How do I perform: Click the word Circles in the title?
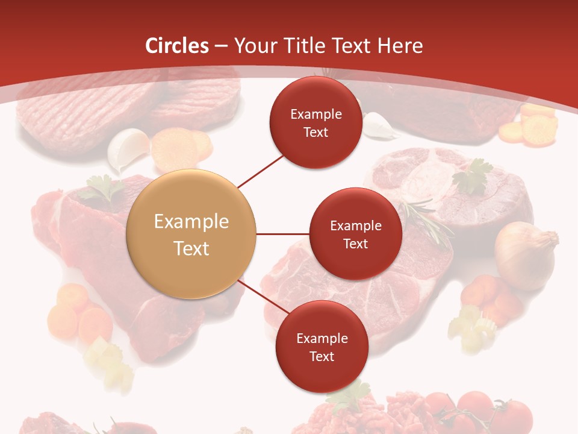pyautogui.click(x=178, y=46)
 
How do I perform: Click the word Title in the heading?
pyautogui.click(x=304, y=46)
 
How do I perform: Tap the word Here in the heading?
pyautogui.click(x=400, y=46)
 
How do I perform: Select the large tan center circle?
pyautogui.click(x=191, y=234)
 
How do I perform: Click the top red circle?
pyautogui.click(x=316, y=122)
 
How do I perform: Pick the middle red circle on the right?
pyautogui.click(x=356, y=234)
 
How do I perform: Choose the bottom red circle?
pyautogui.click(x=322, y=347)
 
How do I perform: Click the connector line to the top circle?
pyautogui.click(x=261, y=171)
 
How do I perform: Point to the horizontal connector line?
pyautogui.click(x=282, y=234)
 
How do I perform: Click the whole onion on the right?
pyautogui.click(x=525, y=254)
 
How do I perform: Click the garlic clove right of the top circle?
pyautogui.click(x=378, y=126)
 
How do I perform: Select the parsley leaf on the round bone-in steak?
pyautogui.click(x=473, y=177)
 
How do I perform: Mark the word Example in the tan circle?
pyautogui.click(x=191, y=222)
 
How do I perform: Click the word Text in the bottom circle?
pyautogui.click(x=322, y=356)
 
